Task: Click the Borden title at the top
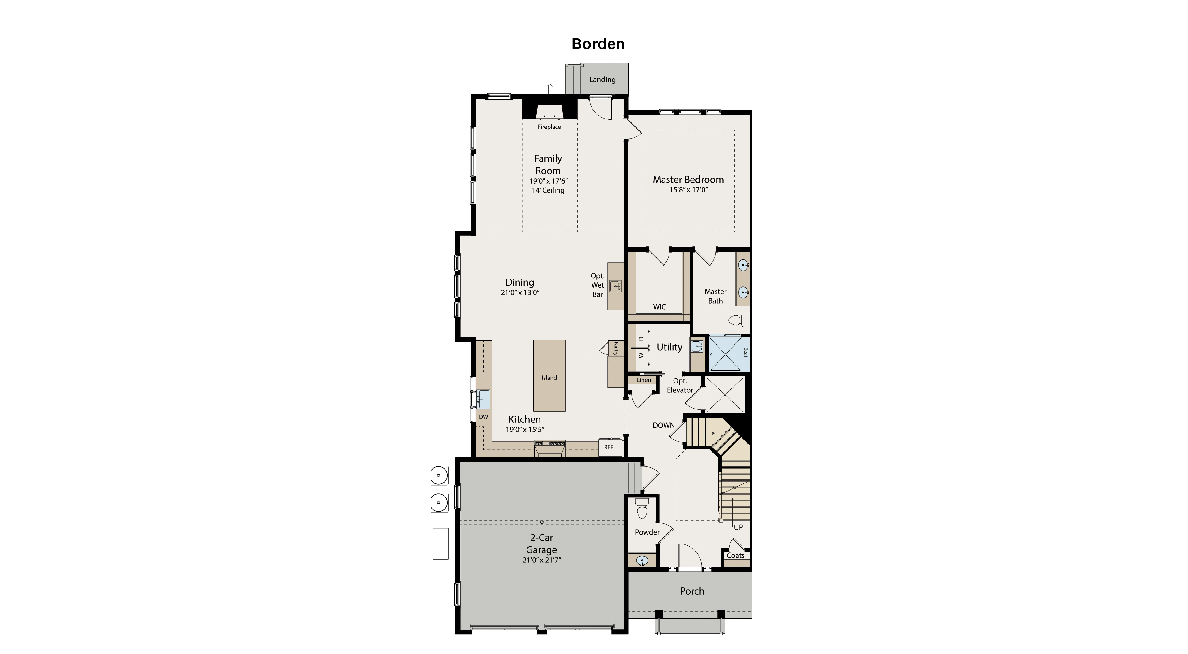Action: tap(598, 44)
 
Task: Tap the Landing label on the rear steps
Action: tap(602, 79)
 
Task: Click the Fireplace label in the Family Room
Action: tap(549, 127)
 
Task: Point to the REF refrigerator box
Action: tap(609, 447)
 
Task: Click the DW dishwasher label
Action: tap(483, 417)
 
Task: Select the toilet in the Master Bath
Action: tap(738, 320)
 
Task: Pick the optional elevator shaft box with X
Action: tap(725, 395)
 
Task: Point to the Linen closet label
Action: tap(644, 380)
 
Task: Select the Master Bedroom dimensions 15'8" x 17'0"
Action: tap(688, 190)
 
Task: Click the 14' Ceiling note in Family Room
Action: tap(548, 190)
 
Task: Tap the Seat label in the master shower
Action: tap(745, 352)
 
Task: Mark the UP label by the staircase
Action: tap(738, 527)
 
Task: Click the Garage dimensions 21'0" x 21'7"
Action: tap(541, 560)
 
